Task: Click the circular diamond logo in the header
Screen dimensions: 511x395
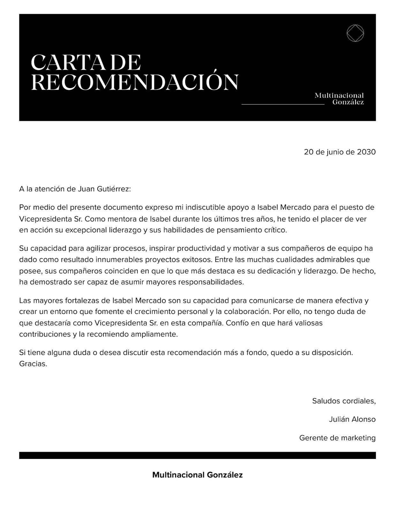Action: (355, 33)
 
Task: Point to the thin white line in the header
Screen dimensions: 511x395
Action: (283, 104)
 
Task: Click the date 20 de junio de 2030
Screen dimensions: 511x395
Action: (339, 152)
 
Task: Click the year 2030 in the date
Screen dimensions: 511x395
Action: (366, 152)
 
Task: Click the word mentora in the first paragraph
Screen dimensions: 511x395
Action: (114, 219)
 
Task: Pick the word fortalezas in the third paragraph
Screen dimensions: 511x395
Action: (80, 301)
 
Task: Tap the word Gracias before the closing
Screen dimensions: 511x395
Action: (33, 364)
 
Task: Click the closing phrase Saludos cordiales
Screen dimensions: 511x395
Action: (344, 401)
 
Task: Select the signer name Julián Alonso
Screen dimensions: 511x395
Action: (352, 419)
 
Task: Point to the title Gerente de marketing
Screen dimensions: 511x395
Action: (337, 438)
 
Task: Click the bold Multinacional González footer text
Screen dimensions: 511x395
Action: (197, 475)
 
